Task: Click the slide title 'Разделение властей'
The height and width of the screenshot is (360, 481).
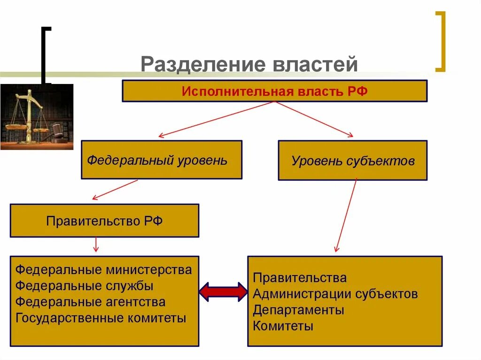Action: [249, 64]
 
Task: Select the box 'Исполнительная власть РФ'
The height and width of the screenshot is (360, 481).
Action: [274, 91]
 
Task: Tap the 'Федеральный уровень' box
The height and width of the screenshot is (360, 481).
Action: [161, 160]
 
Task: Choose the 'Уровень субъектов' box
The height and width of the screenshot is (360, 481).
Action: [352, 161]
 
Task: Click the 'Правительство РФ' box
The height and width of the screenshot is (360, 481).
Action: [104, 221]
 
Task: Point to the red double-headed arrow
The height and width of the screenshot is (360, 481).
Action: [223, 292]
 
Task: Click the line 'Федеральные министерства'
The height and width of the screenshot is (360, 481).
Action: [103, 270]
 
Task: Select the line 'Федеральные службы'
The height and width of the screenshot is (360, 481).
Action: [85, 286]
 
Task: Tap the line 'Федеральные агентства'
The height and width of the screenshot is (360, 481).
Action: [90, 302]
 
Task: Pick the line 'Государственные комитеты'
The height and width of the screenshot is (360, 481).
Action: [101, 318]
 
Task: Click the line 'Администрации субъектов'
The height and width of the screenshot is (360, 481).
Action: [335, 294]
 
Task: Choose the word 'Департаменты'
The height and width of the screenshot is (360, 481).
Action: [298, 310]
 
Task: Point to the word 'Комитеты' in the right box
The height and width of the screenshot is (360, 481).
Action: [283, 326]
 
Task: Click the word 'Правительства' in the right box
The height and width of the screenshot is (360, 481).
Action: [300, 278]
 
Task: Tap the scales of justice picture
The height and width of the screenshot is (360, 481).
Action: [37, 117]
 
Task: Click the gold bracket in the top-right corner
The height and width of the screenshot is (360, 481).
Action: [440, 41]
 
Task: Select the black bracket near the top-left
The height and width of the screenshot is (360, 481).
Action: [46, 55]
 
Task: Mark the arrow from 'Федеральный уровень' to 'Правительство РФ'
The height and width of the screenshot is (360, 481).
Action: [115, 190]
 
